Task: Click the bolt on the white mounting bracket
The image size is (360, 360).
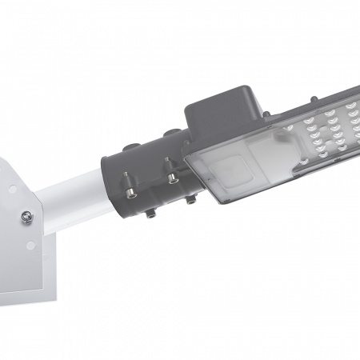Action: pos(27,215)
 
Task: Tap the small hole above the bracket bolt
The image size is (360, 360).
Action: pos(12,190)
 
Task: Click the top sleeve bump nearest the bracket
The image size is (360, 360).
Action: pos(134,146)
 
